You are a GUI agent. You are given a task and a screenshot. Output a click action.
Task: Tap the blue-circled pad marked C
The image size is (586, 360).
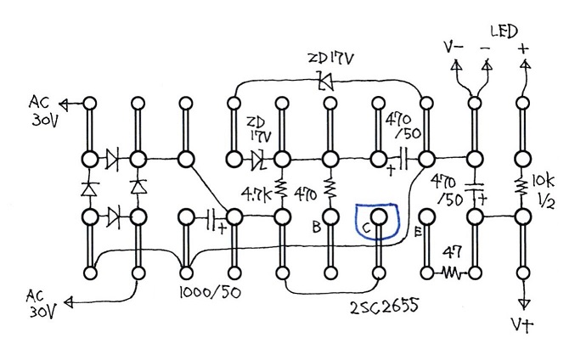[x=379, y=218]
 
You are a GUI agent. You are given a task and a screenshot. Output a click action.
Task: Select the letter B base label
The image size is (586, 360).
[x=317, y=228]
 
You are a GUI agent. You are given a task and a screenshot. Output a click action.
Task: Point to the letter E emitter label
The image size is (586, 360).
[x=419, y=230]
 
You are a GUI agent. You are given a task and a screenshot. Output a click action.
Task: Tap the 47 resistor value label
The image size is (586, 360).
[x=452, y=251]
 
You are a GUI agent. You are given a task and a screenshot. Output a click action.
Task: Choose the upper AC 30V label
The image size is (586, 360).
[x=40, y=109]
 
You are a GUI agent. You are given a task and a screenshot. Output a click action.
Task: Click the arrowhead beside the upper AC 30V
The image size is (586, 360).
[x=65, y=104]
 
